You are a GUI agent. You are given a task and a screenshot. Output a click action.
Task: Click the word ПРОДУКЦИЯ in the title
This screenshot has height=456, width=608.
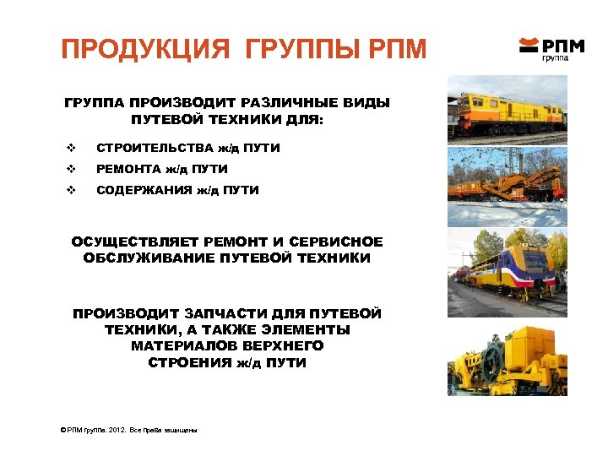144,49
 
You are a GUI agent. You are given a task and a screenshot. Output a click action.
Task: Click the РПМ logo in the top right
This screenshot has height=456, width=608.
552,47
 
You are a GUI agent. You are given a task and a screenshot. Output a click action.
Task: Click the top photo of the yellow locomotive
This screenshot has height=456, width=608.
507,110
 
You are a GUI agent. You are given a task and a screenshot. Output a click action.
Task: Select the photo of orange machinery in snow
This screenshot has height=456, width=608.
507,185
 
